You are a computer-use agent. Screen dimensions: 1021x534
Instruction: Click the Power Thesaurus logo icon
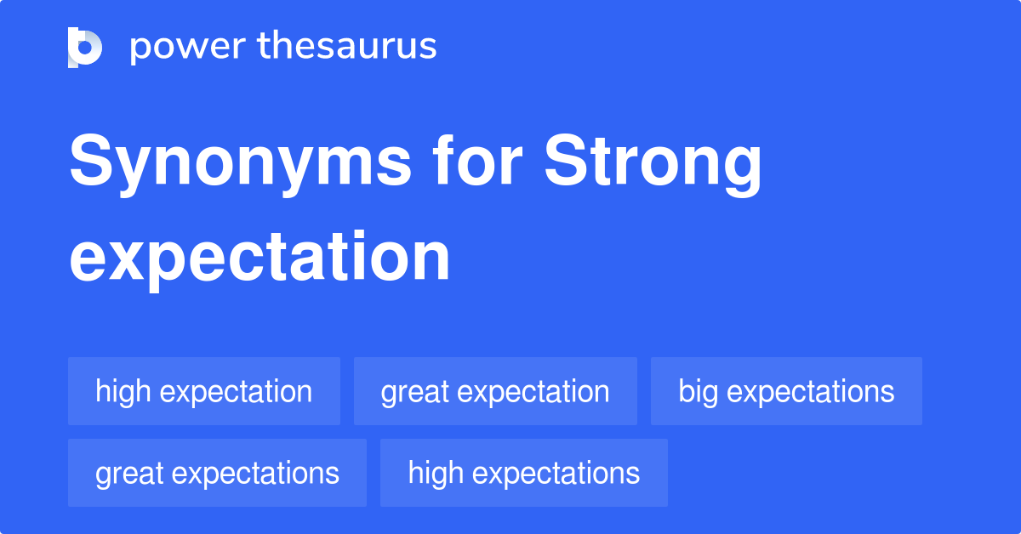[85, 48]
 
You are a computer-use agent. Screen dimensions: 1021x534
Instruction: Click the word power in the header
[188, 47]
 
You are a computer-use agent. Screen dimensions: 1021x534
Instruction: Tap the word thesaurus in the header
[347, 45]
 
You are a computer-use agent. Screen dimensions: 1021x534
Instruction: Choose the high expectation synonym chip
[204, 391]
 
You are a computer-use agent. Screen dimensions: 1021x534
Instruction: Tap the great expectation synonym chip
[495, 391]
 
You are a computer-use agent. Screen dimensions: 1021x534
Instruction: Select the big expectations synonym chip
[786, 391]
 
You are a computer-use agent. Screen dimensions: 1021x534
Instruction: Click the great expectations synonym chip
[217, 473]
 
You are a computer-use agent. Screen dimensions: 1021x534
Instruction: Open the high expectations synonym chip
[524, 473]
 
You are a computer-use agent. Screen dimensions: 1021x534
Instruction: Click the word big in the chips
[698, 392]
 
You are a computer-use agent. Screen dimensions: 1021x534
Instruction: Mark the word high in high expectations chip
[436, 474]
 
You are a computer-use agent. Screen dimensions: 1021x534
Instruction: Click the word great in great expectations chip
[129, 474]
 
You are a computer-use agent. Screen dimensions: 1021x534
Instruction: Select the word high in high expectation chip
[123, 392]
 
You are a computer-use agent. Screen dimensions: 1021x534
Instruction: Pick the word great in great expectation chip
[415, 393]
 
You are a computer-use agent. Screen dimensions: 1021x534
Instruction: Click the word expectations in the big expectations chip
[810, 393]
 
